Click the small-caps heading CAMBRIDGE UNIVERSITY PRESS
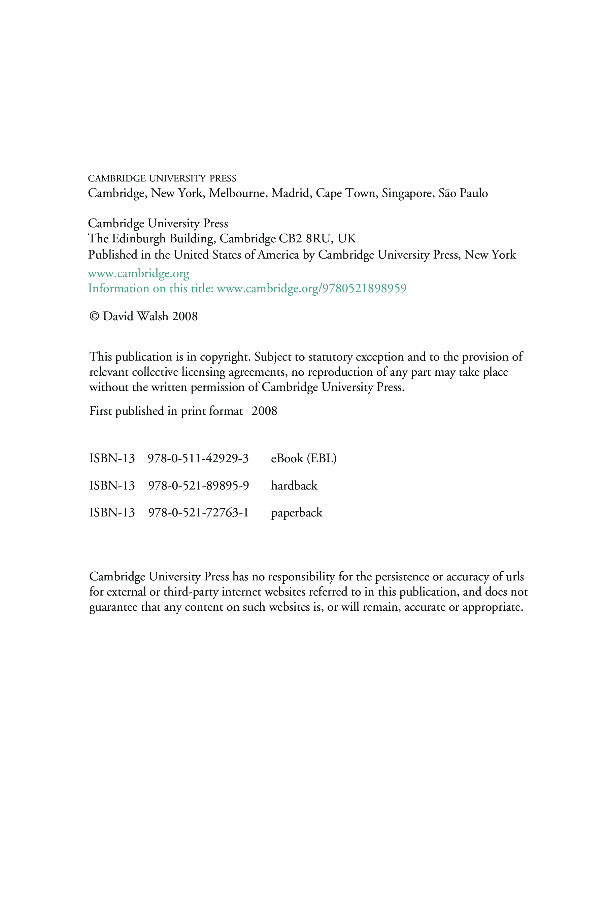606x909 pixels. point(162,178)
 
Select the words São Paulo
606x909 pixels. point(463,193)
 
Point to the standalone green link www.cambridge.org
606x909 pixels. point(138,273)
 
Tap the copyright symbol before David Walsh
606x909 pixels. point(94,316)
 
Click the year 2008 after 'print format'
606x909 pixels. point(264,410)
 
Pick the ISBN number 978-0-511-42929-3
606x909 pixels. point(198,458)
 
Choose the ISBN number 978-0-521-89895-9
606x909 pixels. point(198,485)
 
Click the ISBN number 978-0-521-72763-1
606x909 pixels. point(198,512)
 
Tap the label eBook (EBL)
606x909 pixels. point(303,458)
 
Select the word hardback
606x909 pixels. point(294,485)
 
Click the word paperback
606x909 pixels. point(296,513)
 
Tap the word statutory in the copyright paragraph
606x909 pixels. point(330,357)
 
